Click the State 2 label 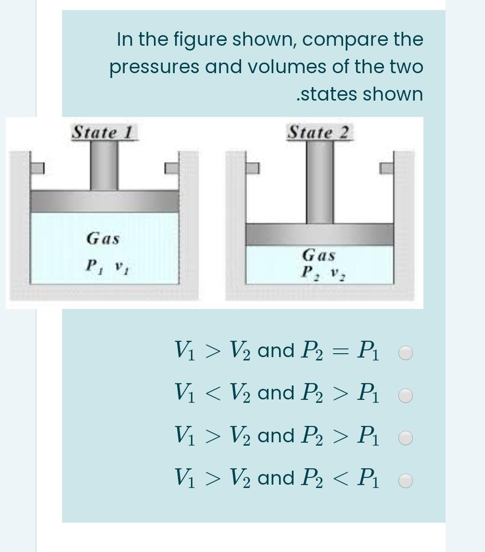(320, 132)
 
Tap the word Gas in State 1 (103, 238)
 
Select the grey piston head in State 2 (320, 235)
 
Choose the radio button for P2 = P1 (406, 353)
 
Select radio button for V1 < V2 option (406, 396)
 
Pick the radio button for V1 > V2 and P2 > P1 (406, 438)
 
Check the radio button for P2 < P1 (406, 480)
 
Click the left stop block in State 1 (37, 168)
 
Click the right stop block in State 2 (387, 168)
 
